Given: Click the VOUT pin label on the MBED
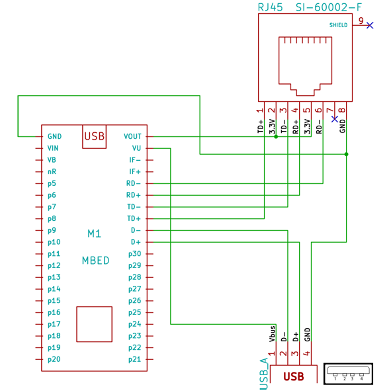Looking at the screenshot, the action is click(132, 136).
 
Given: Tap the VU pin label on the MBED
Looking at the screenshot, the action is click(136, 148).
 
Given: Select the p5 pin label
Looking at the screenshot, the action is click(52, 183).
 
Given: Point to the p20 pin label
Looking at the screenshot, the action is click(54, 359).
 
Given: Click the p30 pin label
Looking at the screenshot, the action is click(135, 254).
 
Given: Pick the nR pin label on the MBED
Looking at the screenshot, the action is click(52, 171).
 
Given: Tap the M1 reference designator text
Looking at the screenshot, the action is click(94, 234).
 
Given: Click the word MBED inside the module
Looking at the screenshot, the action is click(96, 261).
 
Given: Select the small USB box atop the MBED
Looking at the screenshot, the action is click(94, 137).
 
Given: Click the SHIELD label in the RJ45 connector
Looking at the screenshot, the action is click(338, 25).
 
